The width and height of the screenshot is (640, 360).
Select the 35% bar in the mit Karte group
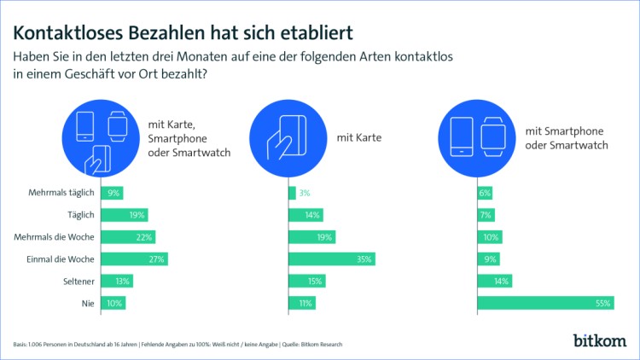332,258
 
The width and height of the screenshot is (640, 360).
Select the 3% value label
305,194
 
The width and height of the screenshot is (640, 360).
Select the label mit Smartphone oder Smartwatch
567,136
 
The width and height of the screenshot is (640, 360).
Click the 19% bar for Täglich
125,215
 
